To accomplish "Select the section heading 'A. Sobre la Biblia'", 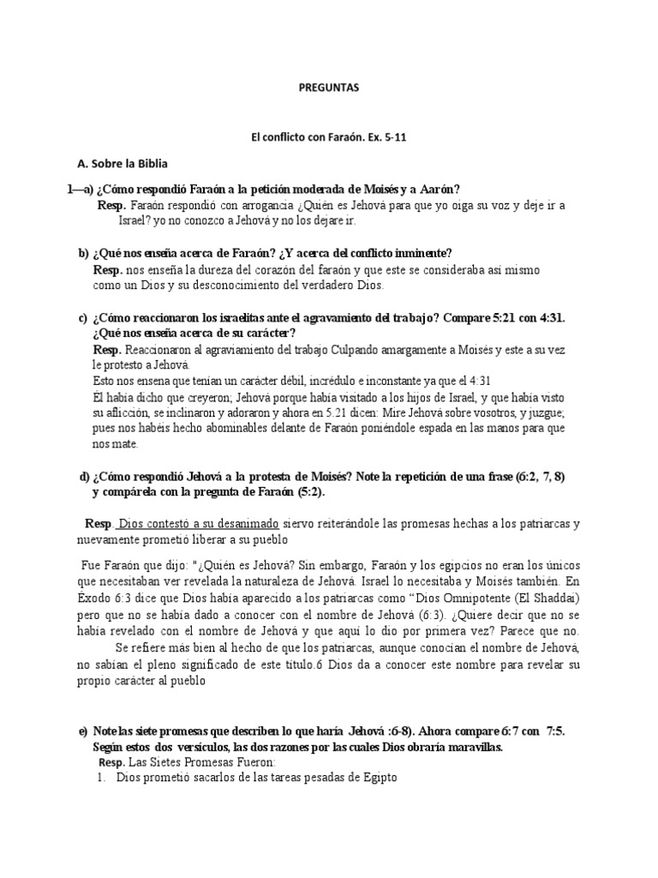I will (x=123, y=162).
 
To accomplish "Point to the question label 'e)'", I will (x=83, y=731).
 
